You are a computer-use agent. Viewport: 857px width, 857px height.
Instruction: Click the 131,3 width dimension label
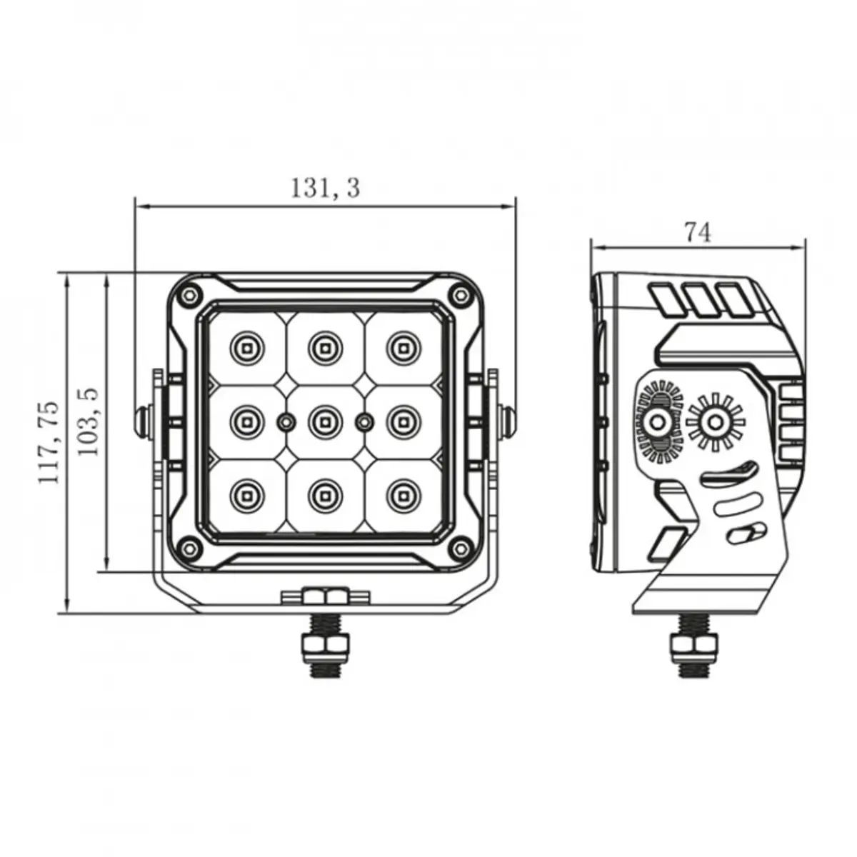(325, 188)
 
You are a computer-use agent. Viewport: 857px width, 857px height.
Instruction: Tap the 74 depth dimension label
(698, 233)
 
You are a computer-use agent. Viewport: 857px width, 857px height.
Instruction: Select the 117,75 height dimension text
(49, 443)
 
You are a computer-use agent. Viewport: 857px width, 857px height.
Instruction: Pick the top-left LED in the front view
(246, 347)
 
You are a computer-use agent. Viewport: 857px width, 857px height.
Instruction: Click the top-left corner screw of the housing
(189, 294)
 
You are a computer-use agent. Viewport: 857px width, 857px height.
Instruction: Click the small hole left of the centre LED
(286, 421)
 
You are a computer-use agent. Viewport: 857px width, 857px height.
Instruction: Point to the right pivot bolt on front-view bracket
(507, 421)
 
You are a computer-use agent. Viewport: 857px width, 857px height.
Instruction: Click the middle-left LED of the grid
(246, 421)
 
